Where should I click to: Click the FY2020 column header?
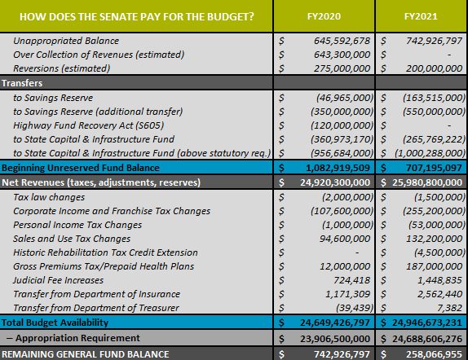click(x=324, y=16)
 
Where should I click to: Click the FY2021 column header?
click(x=421, y=16)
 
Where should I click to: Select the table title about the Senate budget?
click(x=137, y=16)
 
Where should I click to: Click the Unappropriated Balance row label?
click(x=66, y=41)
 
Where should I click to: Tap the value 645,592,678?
click(x=342, y=41)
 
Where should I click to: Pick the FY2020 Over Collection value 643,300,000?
click(x=342, y=55)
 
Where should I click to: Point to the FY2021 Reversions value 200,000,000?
click(x=434, y=68)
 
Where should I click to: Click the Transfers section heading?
click(x=22, y=83)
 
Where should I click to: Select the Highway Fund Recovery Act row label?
click(x=88, y=125)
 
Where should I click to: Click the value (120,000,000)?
click(x=342, y=125)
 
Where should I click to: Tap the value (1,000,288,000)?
click(x=430, y=153)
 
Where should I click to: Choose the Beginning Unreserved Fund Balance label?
click(x=81, y=168)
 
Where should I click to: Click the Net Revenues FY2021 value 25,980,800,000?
click(x=427, y=182)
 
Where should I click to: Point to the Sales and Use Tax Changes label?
click(x=72, y=239)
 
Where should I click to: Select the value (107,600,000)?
click(x=342, y=211)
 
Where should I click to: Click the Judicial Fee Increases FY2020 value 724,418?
click(x=352, y=280)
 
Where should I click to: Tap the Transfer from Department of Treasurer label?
click(x=96, y=308)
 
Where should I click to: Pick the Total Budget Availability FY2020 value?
click(x=335, y=323)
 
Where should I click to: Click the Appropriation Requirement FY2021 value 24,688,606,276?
click(x=427, y=339)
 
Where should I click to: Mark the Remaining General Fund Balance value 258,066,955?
click(x=434, y=354)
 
